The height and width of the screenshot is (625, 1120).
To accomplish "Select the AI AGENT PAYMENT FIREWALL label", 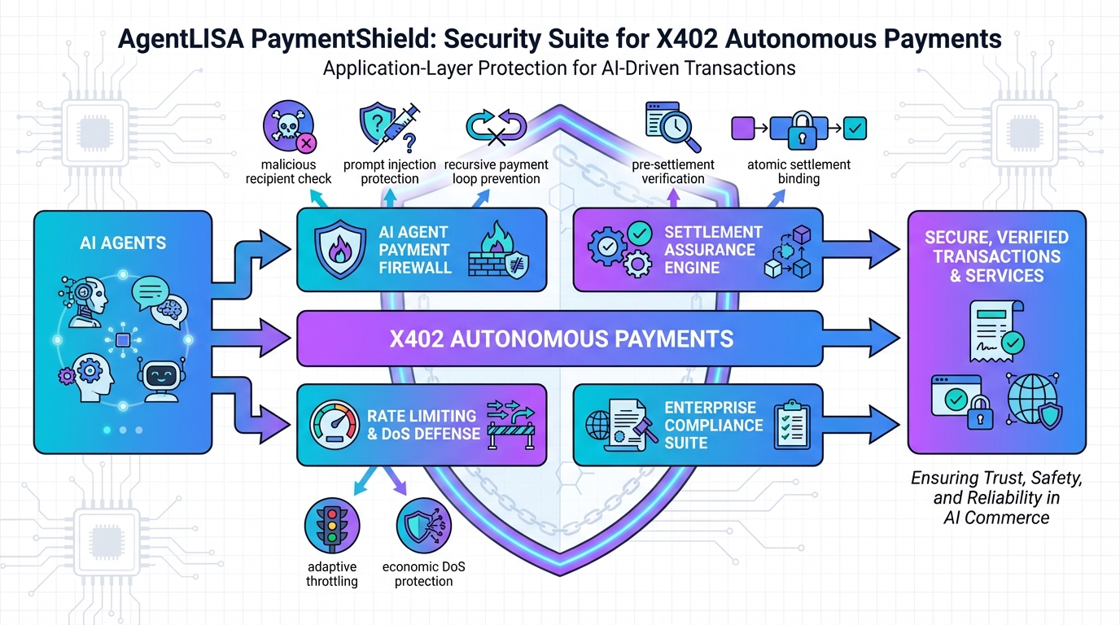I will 414,249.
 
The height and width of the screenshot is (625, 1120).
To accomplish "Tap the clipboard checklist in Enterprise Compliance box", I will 790,425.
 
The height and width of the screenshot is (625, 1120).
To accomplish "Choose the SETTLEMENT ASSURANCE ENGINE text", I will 713,249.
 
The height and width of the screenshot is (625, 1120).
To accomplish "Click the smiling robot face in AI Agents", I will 160,379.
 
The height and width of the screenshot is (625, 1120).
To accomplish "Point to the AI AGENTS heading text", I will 123,243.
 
